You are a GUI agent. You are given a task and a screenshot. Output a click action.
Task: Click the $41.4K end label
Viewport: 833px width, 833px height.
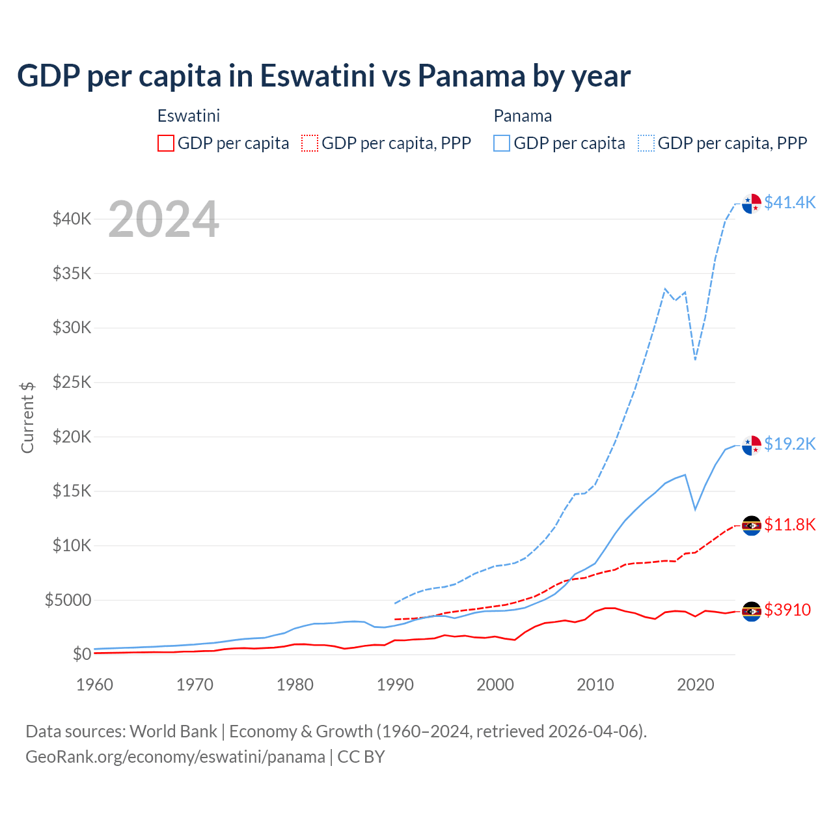click(x=789, y=202)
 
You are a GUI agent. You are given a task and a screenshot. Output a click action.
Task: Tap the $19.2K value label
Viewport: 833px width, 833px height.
click(x=789, y=444)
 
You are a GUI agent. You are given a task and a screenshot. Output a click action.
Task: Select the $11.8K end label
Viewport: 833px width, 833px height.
click(x=789, y=525)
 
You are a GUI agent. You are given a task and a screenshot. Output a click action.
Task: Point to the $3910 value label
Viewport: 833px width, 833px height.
click(x=787, y=610)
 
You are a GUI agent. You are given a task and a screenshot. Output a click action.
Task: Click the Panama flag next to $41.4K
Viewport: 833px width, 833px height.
click(x=752, y=204)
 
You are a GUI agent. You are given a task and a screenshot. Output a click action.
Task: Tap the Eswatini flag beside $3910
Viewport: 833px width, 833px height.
click(x=752, y=611)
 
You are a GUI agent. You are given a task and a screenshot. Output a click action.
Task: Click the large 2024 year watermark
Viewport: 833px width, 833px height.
click(x=163, y=219)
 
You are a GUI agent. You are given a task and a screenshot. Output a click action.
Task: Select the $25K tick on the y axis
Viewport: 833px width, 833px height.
click(x=72, y=382)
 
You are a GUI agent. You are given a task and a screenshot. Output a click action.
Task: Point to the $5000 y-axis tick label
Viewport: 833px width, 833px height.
click(x=68, y=600)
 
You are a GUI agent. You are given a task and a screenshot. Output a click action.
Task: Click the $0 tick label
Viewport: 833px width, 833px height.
click(x=81, y=654)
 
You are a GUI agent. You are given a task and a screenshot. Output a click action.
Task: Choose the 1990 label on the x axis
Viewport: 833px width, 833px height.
click(x=395, y=685)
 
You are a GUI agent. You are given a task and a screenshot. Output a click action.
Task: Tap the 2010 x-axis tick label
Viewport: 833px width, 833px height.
click(x=595, y=685)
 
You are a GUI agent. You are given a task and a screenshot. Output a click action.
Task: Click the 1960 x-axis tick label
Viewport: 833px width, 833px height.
click(x=95, y=685)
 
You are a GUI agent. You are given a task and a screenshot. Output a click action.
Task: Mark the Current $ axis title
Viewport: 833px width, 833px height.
click(x=27, y=417)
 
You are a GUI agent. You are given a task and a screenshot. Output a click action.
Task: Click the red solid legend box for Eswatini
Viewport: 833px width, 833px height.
click(x=166, y=143)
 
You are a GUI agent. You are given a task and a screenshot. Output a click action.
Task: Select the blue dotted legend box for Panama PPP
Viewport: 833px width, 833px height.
click(x=646, y=143)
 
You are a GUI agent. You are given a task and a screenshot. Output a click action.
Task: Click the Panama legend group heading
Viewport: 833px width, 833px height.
click(x=523, y=116)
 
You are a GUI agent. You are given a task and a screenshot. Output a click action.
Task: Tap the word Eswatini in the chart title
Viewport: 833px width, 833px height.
click(x=318, y=75)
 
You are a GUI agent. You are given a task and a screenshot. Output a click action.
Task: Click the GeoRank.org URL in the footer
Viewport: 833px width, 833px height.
click(x=175, y=757)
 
